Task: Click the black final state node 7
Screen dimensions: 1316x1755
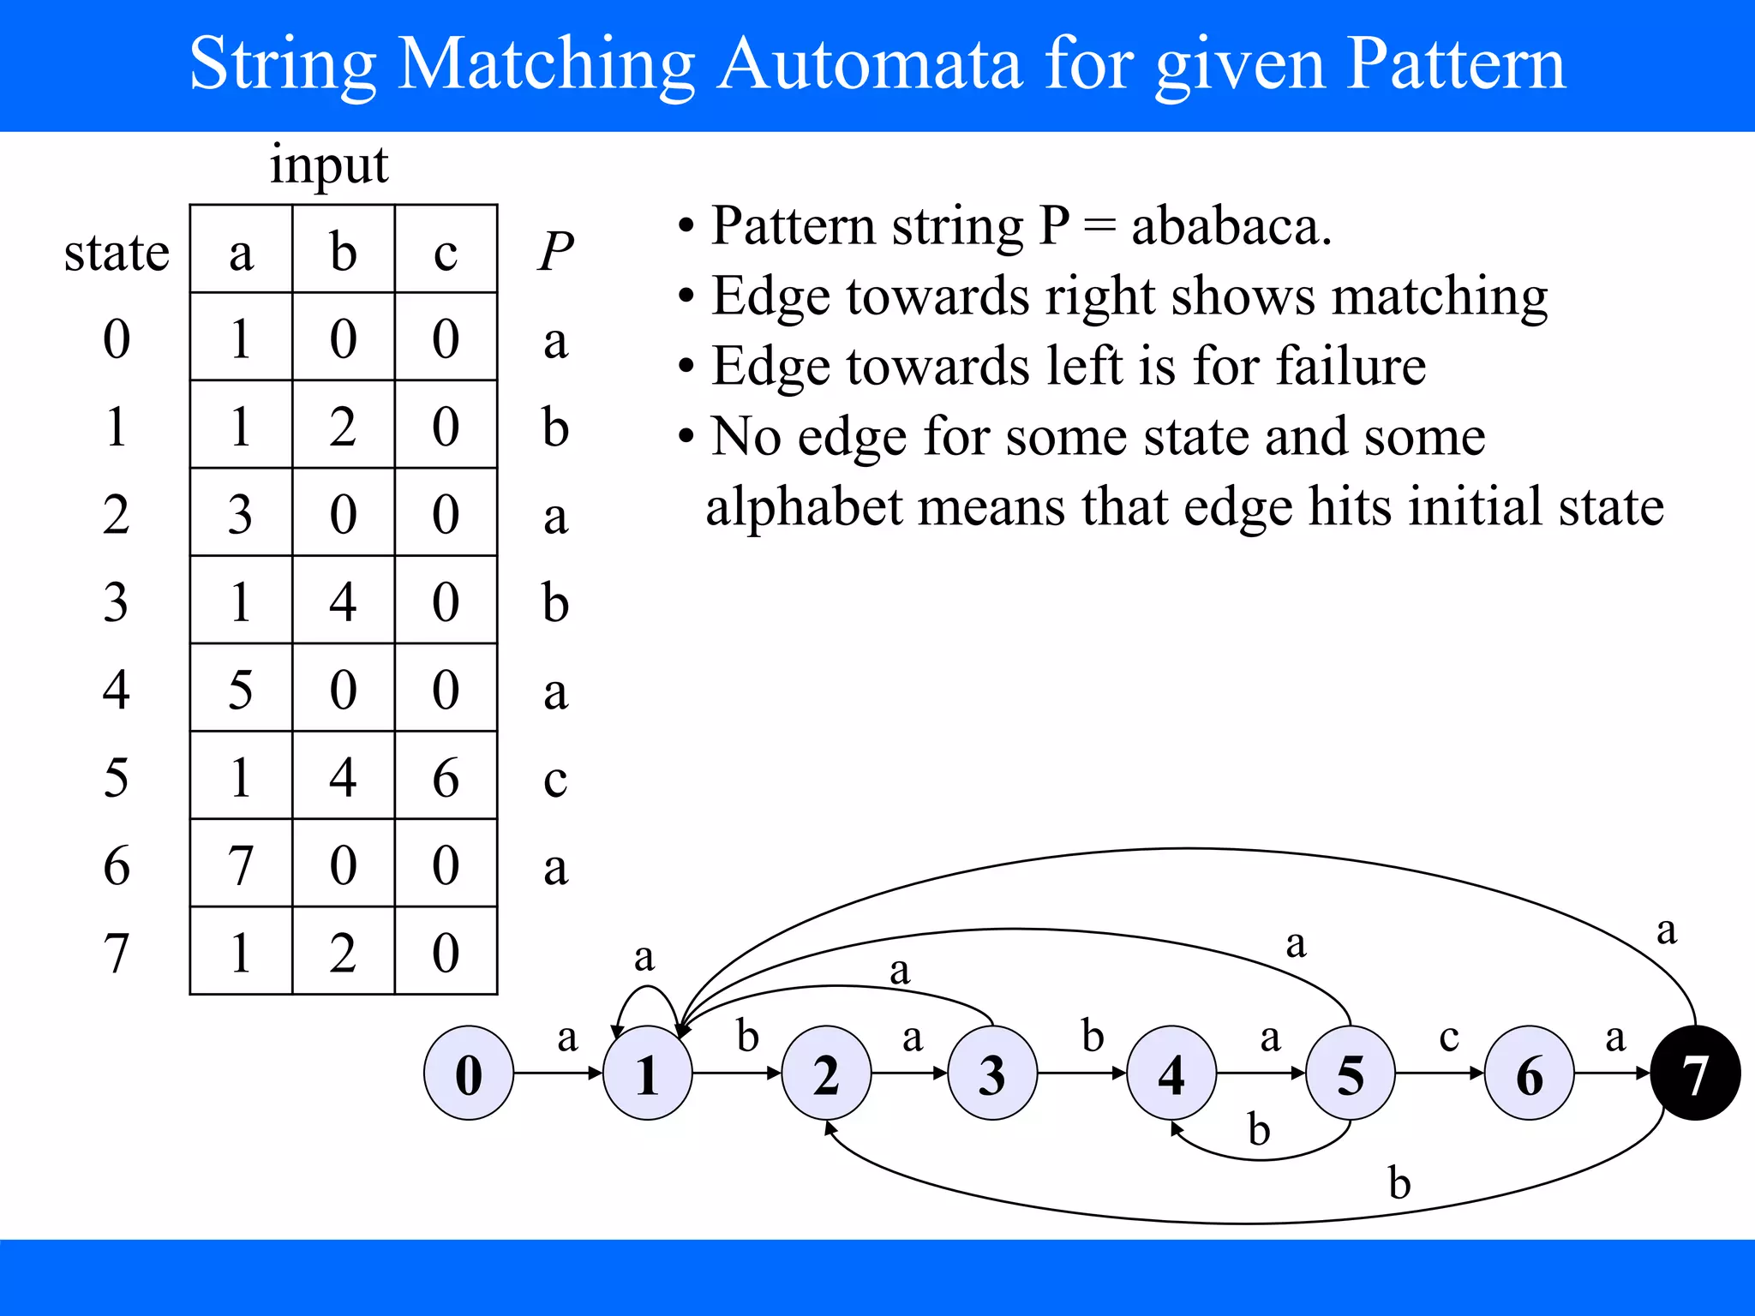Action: pos(1695,1073)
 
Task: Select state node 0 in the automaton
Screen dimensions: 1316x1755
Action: pos(469,1073)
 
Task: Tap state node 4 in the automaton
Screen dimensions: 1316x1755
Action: pos(1171,1073)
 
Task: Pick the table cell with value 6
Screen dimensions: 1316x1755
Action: pos(446,776)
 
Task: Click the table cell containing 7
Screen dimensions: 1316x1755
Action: pos(241,864)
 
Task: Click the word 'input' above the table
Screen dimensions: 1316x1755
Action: pos(329,164)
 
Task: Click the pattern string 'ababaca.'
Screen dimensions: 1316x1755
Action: pos(1231,226)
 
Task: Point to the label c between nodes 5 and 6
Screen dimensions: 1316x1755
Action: pos(1448,1037)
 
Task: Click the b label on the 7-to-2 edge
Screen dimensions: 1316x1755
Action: pos(1399,1183)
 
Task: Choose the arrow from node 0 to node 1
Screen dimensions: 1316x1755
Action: pos(557,1073)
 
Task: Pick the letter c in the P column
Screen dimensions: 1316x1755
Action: pos(555,778)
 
